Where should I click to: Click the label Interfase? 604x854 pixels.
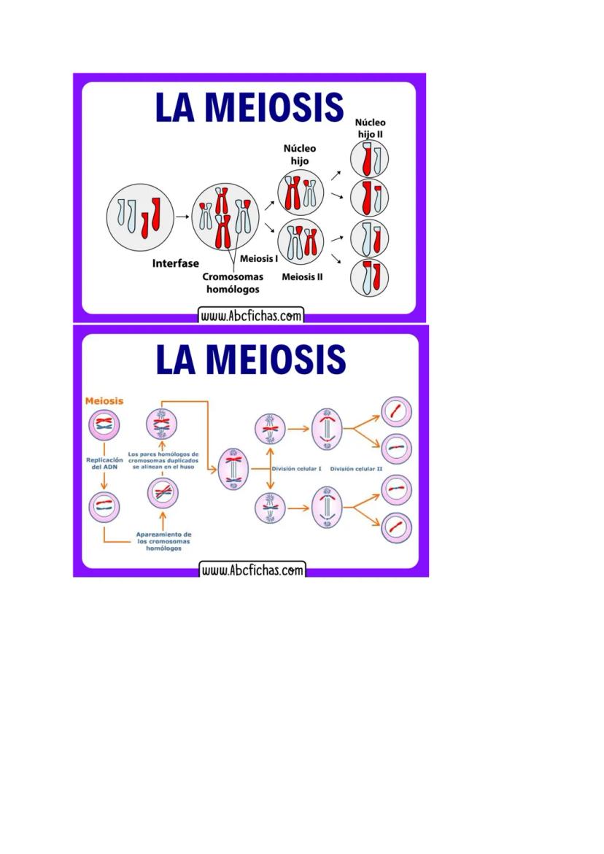tap(175, 263)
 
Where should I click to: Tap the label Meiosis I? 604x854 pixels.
tap(258, 258)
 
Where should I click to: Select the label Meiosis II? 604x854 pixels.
tap(302, 276)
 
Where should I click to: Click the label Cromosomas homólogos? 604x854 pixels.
tap(232, 283)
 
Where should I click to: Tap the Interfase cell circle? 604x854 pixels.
tap(139, 215)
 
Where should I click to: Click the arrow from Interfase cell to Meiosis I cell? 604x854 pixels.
tap(182, 216)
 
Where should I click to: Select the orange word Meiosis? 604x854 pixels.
tap(104, 400)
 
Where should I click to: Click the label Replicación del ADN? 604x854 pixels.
tap(104, 464)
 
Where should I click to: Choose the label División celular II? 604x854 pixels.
tap(357, 469)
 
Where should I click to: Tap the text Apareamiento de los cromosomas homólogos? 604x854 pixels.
tap(163, 540)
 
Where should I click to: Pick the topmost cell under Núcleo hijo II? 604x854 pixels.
tap(369, 159)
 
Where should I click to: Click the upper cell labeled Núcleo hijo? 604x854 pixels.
tap(300, 192)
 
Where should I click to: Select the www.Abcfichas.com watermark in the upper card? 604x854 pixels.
tap(250, 316)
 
